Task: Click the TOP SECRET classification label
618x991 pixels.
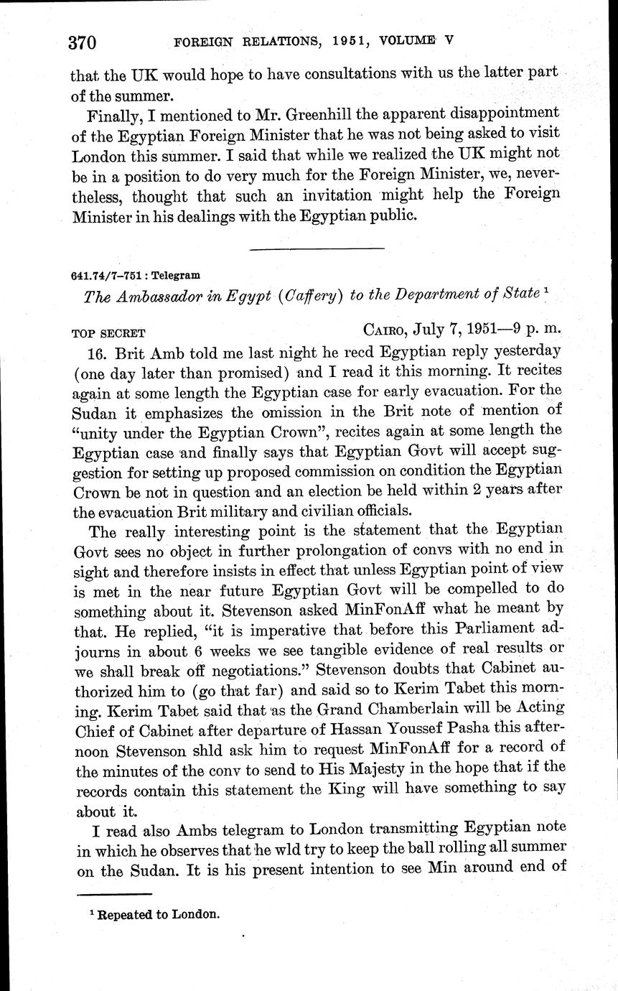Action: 108,333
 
